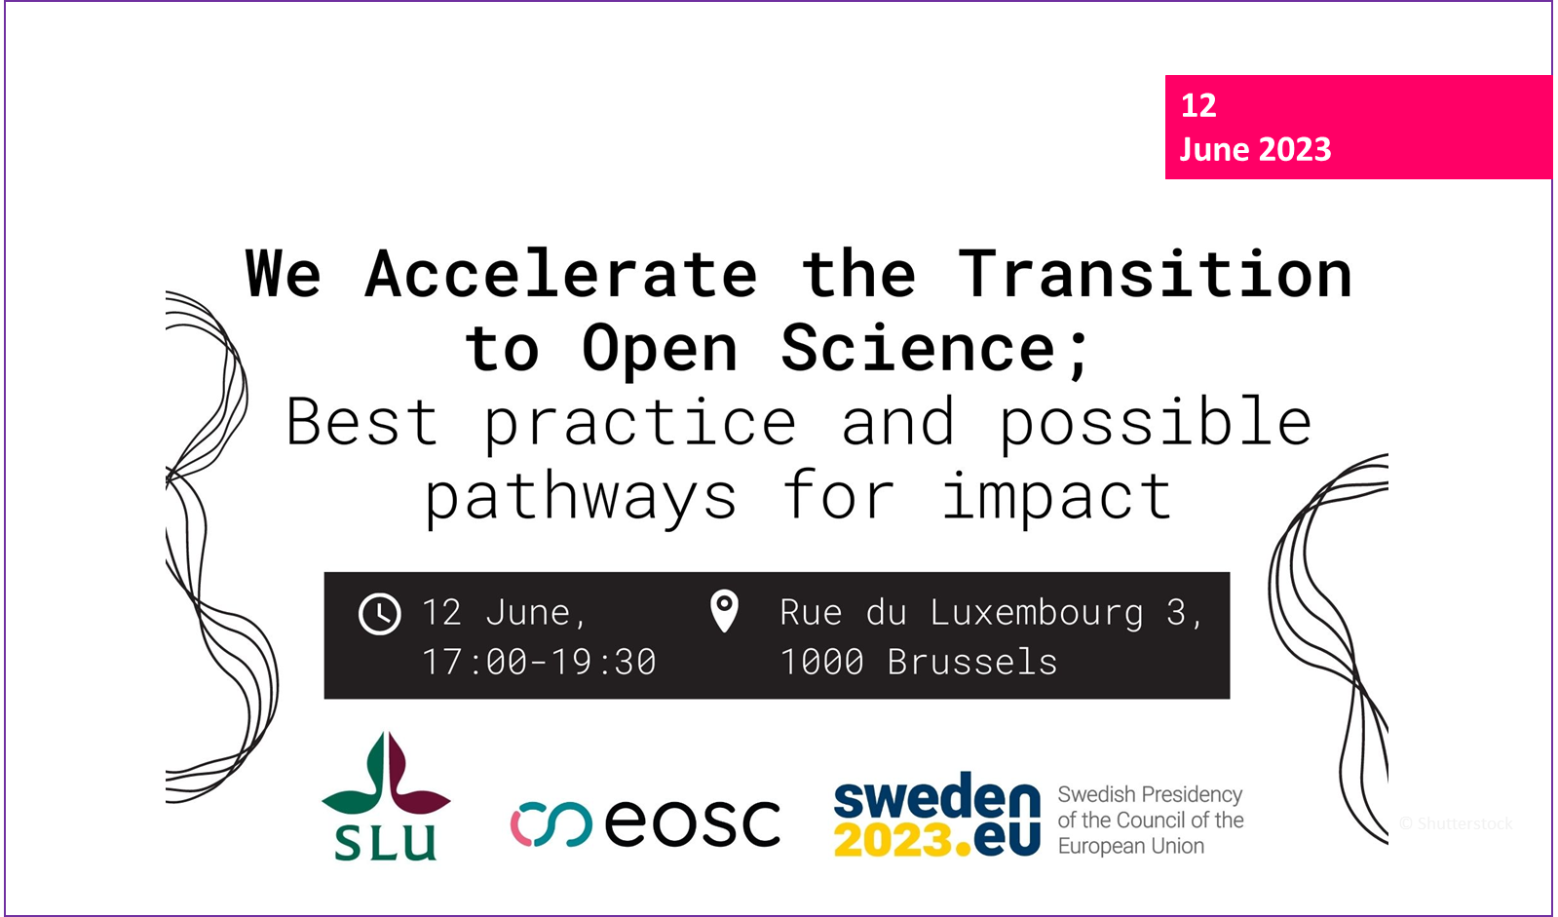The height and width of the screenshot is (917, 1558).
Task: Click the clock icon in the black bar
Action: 379,614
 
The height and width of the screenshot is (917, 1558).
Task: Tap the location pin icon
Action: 724,611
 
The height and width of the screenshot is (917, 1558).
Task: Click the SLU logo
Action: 386,796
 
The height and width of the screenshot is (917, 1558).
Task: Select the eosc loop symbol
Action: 551,824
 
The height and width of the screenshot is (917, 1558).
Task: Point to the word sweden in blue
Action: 937,794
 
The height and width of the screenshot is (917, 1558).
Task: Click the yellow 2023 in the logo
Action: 893,839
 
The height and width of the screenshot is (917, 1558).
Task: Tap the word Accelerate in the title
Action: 560,275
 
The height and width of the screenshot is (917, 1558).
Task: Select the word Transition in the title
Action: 1155,274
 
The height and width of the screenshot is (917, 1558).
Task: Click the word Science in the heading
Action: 918,348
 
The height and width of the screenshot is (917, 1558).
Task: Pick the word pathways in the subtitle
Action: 581,498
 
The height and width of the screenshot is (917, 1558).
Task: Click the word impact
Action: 1057,496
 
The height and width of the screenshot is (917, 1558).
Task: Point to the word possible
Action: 1156,422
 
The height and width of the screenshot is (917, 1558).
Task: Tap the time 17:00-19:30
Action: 539,661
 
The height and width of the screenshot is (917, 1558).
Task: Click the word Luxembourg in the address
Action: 1037,612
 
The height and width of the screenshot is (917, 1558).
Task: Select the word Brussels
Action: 972,661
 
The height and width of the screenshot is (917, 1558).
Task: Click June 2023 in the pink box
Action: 1255,150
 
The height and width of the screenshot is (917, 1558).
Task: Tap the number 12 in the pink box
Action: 1198,106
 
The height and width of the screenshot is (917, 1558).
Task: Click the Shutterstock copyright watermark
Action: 1456,823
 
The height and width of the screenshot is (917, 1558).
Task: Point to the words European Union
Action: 1131,846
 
